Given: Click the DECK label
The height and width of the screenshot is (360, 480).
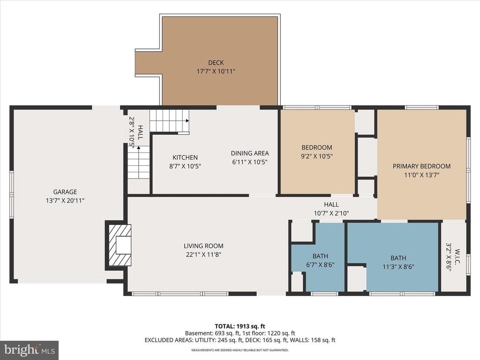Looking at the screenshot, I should pos(216,63).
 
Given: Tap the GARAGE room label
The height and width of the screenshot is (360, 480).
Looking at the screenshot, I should pos(65,192).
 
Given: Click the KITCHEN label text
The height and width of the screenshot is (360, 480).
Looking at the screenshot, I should pos(185,157).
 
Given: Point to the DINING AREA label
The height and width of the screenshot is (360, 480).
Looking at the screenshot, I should pos(249,153).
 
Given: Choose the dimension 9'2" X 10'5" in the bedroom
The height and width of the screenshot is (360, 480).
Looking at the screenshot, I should pos(317,157).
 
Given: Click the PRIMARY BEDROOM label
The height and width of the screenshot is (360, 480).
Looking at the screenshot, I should pos(421,166).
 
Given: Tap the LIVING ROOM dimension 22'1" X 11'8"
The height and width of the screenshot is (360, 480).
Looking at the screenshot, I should pos(203,255).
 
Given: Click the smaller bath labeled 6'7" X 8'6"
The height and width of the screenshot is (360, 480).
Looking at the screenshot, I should pos(320,261).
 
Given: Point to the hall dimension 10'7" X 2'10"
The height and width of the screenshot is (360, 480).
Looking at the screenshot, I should pos(331,213).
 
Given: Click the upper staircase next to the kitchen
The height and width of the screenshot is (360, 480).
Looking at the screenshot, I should pos(169,121).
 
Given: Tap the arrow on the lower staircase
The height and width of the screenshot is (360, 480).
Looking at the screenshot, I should pos(139,147).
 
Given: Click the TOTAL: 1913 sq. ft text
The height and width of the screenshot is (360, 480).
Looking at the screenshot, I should pos(240,326).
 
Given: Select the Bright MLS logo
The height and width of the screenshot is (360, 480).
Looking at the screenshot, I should pos(29,350).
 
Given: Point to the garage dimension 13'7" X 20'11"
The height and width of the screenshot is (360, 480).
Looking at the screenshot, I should pos(65,200).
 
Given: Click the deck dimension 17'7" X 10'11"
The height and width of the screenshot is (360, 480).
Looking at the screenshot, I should pos(216,71).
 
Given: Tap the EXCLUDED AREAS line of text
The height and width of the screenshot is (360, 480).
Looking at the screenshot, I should pos(240,340).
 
